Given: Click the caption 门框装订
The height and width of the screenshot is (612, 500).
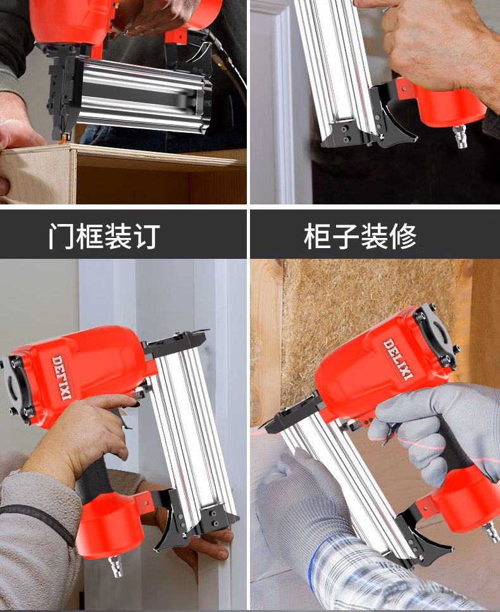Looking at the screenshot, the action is click(x=104, y=236).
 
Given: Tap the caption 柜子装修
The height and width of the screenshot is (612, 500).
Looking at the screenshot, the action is click(x=360, y=236).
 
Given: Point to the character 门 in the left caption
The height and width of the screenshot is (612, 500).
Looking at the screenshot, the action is click(x=61, y=236).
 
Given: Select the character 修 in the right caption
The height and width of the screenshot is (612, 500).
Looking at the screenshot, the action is click(x=403, y=236).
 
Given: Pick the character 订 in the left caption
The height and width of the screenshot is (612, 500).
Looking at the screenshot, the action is click(x=147, y=236).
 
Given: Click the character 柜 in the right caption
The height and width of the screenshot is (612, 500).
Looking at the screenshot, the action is click(x=317, y=236).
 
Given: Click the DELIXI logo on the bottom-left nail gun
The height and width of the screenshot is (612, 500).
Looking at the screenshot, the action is click(x=61, y=377).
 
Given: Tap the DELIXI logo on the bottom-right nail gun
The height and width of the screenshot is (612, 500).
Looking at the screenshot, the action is click(x=397, y=359).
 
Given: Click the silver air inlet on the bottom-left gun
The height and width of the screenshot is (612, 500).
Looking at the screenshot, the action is click(x=116, y=566).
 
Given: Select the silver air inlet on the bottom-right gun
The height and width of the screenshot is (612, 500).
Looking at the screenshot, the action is click(x=491, y=532).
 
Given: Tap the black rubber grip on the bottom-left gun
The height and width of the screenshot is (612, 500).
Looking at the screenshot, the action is click(x=95, y=478).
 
